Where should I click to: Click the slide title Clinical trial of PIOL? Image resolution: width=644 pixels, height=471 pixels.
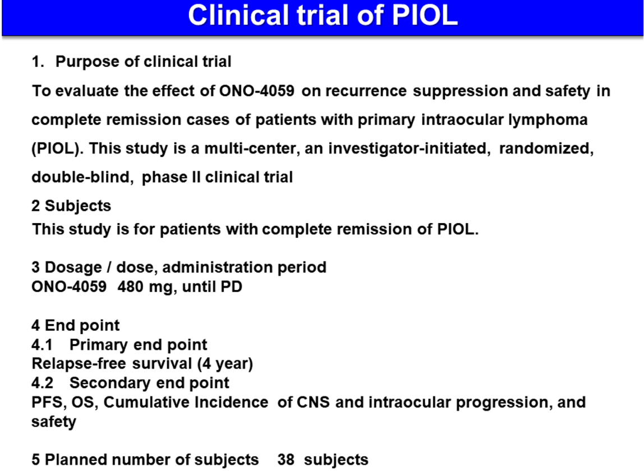click(323, 15)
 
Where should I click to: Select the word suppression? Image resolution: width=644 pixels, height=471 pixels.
click(461, 91)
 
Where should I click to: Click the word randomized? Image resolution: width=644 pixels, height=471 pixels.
click(546, 148)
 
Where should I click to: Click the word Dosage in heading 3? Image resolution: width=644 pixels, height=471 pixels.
click(73, 267)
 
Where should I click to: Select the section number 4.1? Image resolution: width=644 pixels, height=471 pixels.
click(42, 345)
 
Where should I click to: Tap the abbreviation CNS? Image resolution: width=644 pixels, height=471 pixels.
click(313, 403)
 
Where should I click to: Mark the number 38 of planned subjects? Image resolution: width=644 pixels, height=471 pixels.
click(286, 459)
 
